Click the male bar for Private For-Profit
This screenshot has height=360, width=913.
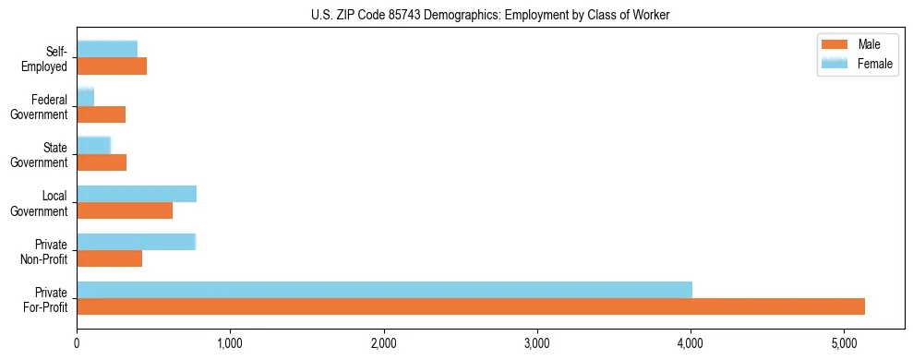point(471,306)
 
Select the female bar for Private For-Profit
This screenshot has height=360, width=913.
point(384,290)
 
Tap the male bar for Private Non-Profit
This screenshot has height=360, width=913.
point(110,258)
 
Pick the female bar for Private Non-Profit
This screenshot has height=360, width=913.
point(137,242)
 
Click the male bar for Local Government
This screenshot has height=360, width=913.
point(125,210)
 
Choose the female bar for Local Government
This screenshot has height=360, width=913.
point(137,194)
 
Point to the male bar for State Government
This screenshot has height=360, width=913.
point(102,162)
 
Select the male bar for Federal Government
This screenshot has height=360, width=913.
point(101,114)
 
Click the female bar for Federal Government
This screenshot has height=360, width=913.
point(85,98)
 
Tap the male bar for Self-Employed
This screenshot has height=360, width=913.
point(112,66)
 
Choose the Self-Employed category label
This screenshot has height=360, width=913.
point(47,58)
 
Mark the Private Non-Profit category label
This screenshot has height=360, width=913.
point(47,250)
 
